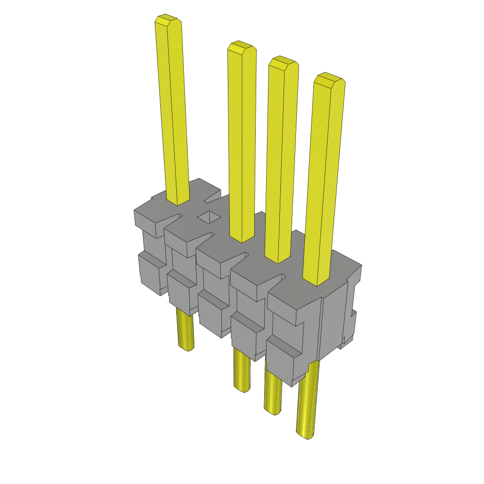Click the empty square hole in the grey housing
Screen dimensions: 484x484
[x=208, y=217]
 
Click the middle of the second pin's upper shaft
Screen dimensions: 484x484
[x=242, y=142]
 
